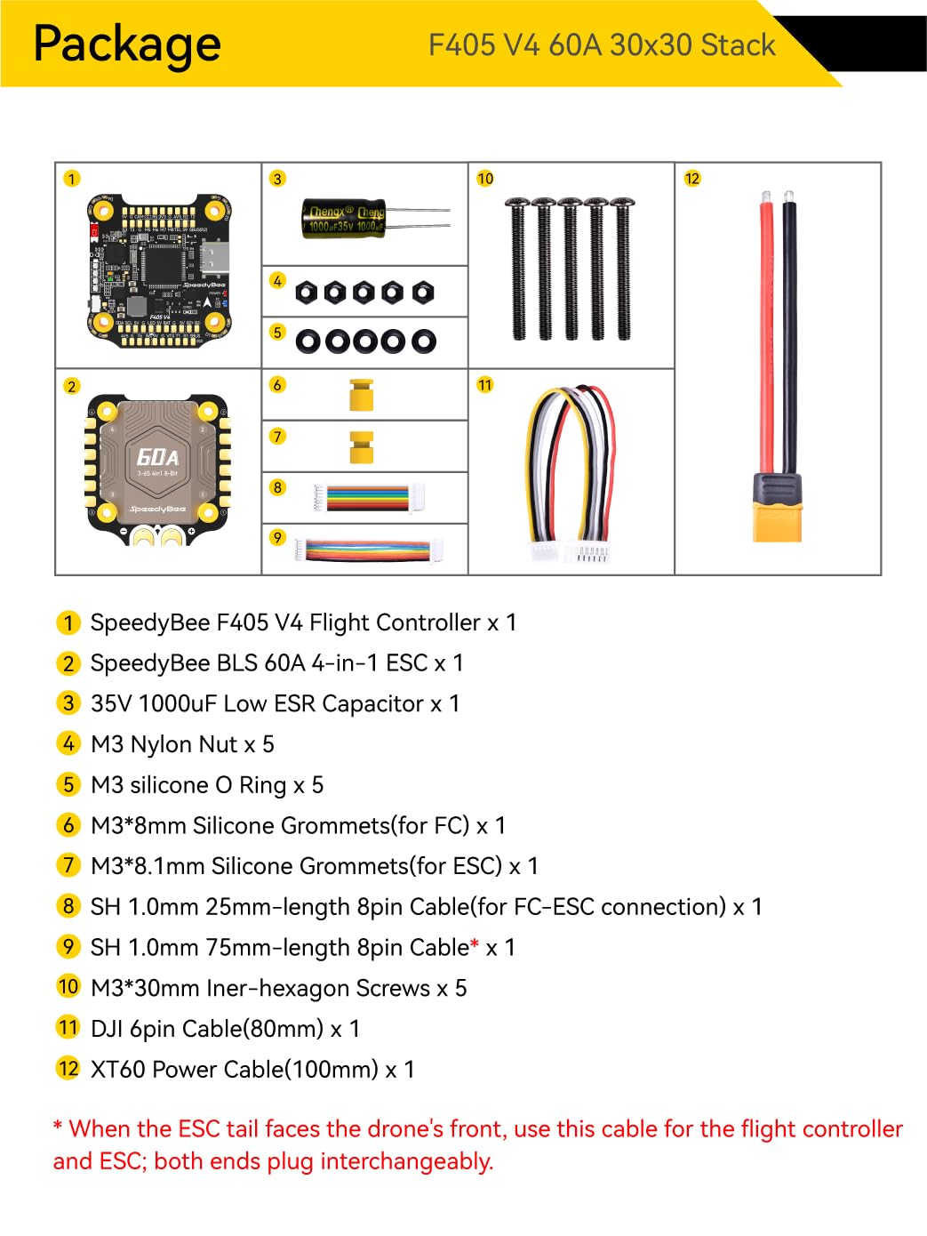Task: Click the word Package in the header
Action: coord(127,44)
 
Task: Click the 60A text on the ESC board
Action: coord(157,457)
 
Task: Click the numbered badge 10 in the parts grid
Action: coord(485,179)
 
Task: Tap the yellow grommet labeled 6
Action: coord(361,394)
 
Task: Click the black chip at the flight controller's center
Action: coord(161,264)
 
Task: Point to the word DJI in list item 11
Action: coord(107,1029)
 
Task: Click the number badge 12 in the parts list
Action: coord(68,1068)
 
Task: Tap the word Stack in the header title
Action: coord(738,45)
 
